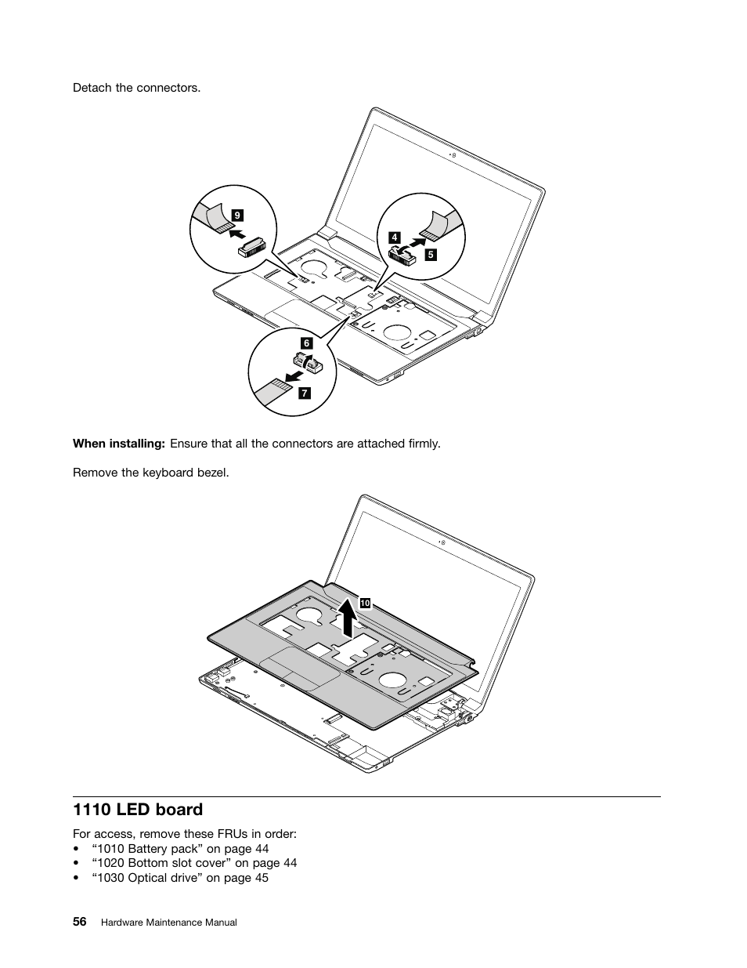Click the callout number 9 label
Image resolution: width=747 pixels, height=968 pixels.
point(237,214)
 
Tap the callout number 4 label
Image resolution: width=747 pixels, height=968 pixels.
point(395,237)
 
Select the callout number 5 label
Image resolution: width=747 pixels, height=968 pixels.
point(431,254)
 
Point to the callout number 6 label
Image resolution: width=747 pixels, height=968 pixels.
point(306,343)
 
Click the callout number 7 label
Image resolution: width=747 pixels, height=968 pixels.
point(304,393)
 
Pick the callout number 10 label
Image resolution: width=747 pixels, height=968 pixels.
point(365,603)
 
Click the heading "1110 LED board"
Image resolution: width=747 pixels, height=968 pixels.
point(137,809)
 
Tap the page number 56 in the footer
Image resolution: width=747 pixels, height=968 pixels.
point(79,922)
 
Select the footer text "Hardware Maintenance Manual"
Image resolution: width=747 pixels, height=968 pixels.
point(169,923)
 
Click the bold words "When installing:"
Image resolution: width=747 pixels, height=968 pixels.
point(118,444)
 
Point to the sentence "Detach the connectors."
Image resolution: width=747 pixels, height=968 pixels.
point(136,88)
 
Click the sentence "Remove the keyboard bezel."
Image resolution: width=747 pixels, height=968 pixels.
point(150,473)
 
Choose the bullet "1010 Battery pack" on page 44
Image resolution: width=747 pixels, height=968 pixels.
point(179,849)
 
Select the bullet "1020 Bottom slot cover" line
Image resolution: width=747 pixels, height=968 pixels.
point(193,863)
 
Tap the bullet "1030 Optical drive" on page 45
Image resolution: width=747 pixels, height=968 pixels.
point(179,878)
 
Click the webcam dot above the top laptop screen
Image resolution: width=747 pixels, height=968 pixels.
point(455,155)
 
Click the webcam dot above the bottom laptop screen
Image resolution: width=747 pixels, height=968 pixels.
point(444,542)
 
